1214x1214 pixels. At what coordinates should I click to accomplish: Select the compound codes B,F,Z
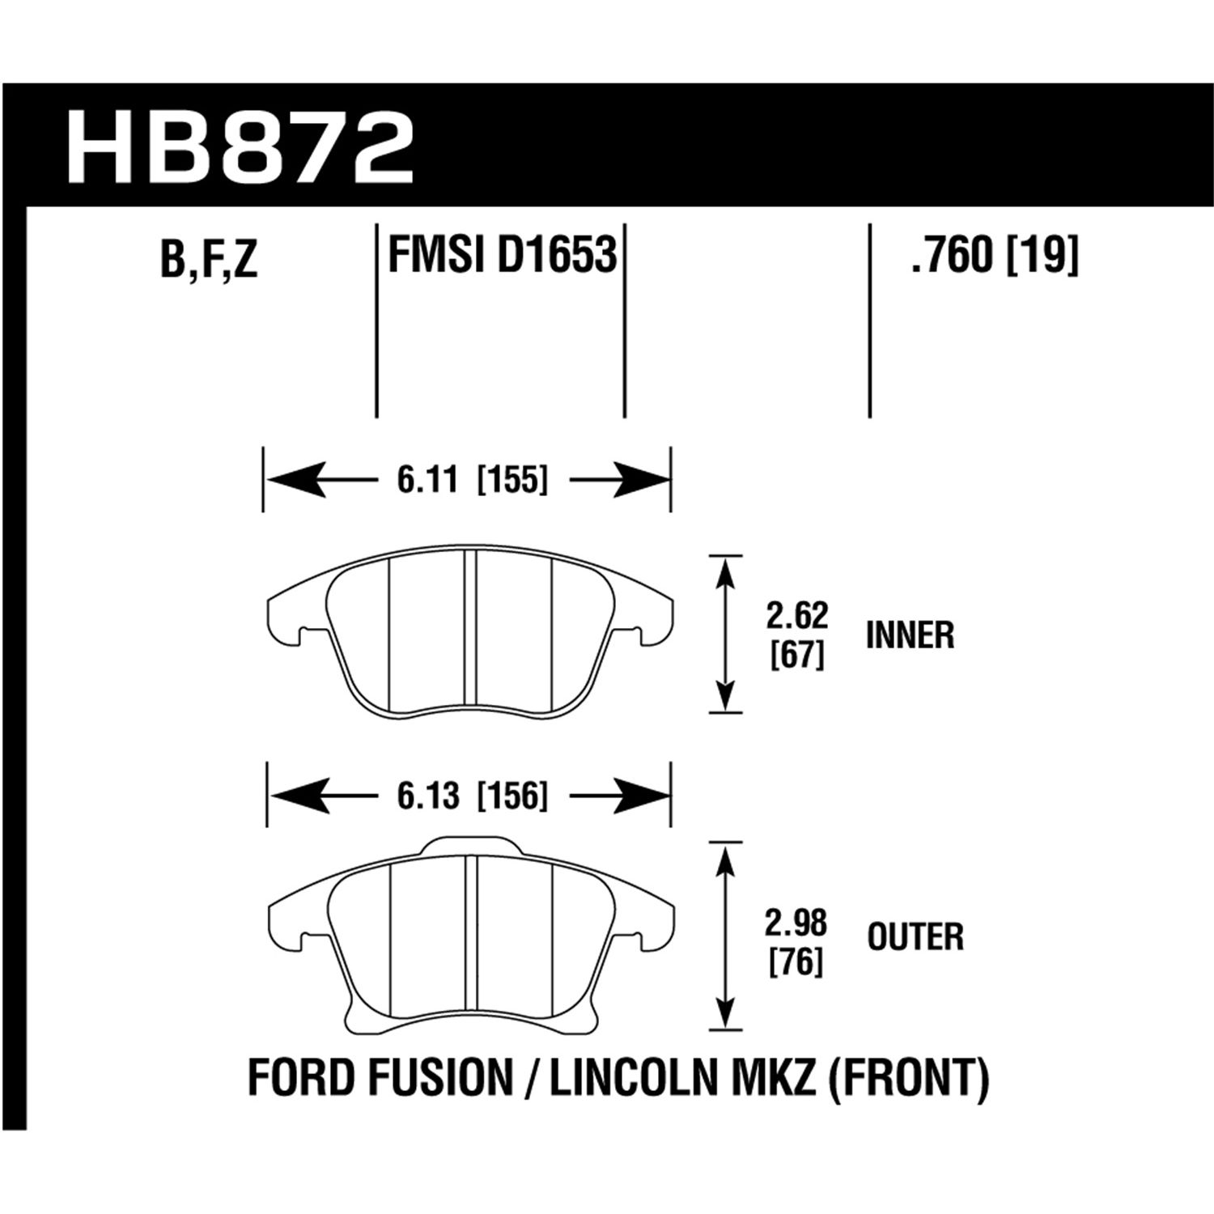[209, 260]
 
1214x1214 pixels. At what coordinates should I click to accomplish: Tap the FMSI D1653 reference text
[503, 256]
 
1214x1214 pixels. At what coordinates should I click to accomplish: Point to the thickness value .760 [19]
[995, 257]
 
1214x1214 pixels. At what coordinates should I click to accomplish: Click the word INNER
[910, 636]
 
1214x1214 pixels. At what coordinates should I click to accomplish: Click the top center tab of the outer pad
[470, 847]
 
